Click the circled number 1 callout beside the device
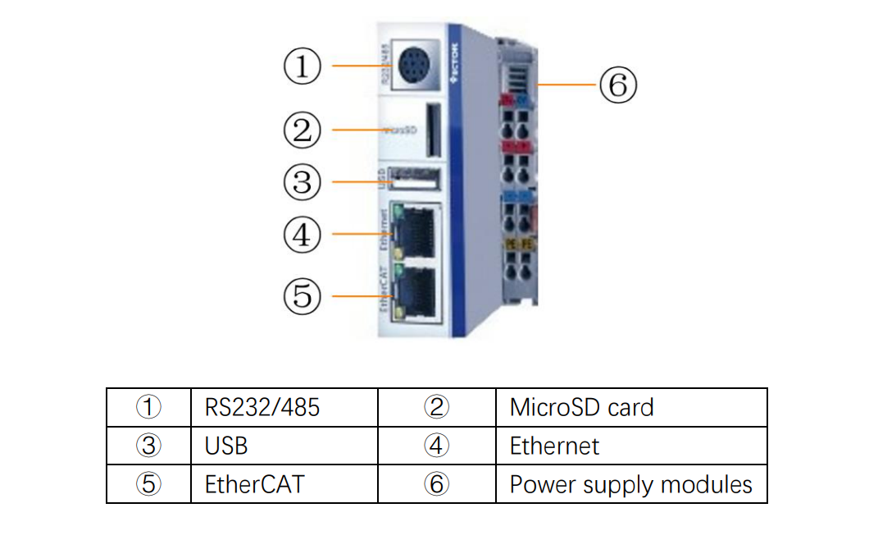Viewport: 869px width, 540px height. click(x=303, y=66)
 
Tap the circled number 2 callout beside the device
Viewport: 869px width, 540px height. click(x=303, y=130)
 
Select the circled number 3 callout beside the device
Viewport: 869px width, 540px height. click(x=303, y=181)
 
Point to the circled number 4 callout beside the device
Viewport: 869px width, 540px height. click(x=303, y=234)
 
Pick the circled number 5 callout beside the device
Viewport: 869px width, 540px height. click(x=303, y=295)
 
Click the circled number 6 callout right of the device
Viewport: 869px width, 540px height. click(x=617, y=85)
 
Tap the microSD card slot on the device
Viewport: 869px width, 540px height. click(x=432, y=130)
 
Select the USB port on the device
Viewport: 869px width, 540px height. click(x=414, y=179)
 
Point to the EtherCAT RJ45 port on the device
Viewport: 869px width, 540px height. click(x=419, y=291)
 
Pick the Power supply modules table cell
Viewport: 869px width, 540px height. click(x=630, y=484)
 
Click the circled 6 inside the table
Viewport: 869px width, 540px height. click(x=437, y=484)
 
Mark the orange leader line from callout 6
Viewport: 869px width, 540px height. click(x=566, y=85)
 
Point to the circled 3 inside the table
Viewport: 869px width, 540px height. click(x=148, y=446)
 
